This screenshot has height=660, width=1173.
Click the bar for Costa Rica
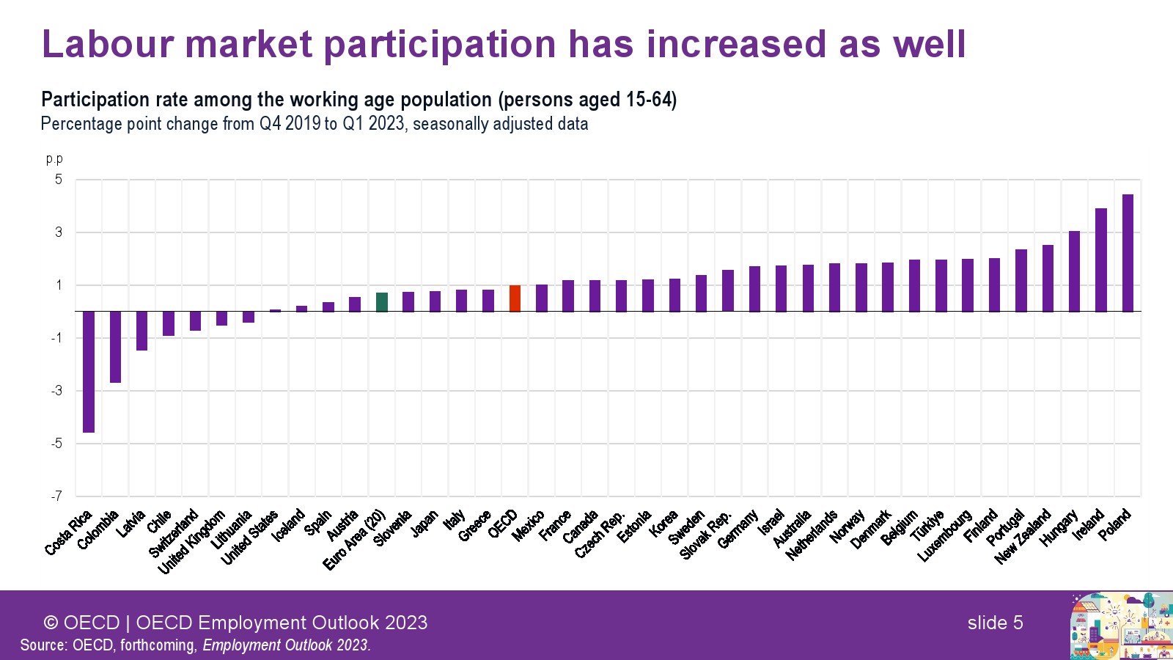point(89,372)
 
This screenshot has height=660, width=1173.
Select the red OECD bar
point(515,298)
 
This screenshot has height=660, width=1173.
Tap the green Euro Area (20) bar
point(382,302)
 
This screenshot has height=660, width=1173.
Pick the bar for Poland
point(1128,253)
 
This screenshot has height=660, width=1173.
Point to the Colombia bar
point(115,347)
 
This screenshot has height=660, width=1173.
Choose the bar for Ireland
point(1101,260)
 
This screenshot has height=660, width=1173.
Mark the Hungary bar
point(1074,271)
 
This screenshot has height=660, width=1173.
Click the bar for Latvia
point(141,331)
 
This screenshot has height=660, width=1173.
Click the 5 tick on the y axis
point(59,180)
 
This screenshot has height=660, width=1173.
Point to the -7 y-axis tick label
point(56,496)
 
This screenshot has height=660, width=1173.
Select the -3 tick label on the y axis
point(56,391)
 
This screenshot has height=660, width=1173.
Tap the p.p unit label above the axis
point(54,158)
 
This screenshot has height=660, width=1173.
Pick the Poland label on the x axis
point(1115,525)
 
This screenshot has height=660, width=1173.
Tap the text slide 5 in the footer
point(995,623)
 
